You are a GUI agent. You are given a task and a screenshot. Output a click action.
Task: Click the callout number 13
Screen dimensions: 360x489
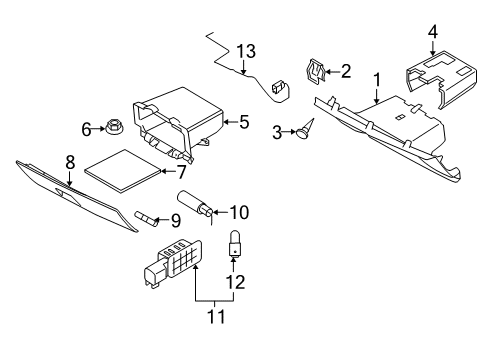246,52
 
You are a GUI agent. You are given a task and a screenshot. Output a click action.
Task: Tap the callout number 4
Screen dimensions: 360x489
432,31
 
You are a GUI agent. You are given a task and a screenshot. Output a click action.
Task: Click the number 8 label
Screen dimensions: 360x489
70,160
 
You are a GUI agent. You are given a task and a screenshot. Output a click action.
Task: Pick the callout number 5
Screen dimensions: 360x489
242,122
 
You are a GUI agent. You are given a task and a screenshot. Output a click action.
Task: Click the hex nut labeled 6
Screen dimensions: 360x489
113,128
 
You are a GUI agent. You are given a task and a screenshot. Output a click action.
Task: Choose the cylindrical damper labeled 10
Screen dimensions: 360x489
196,206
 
